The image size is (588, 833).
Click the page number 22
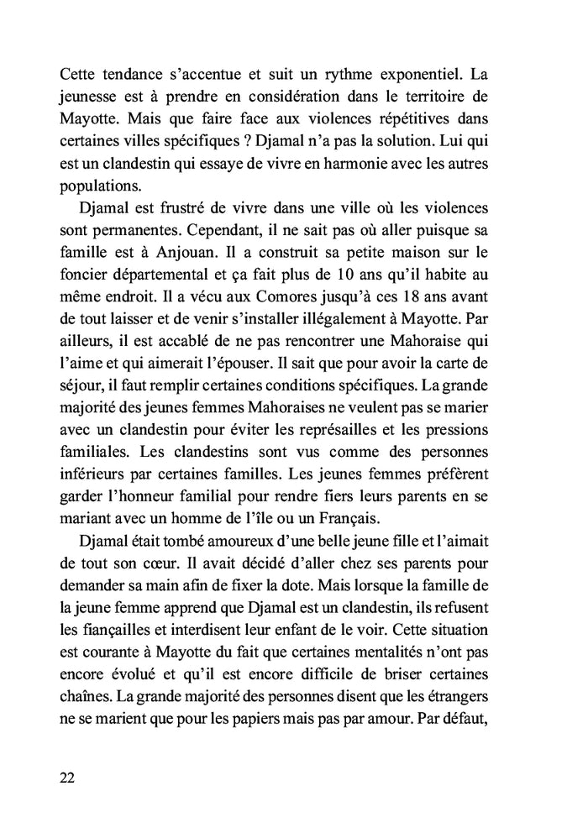coord(68,777)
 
